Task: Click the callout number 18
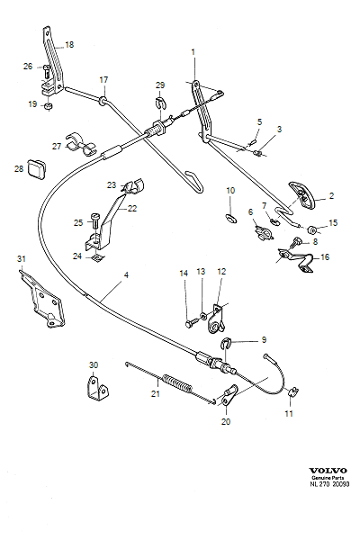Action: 70,44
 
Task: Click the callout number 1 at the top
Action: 193,52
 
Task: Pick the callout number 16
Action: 325,256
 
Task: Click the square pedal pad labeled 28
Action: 36,167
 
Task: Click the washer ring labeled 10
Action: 229,217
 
